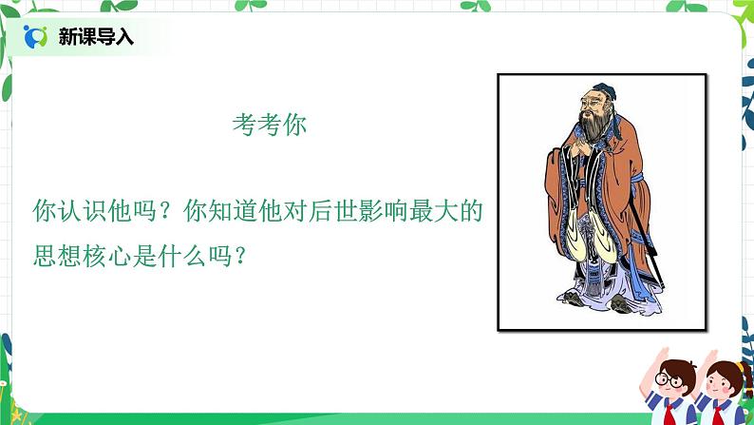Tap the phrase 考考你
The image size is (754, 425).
[270, 126]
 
